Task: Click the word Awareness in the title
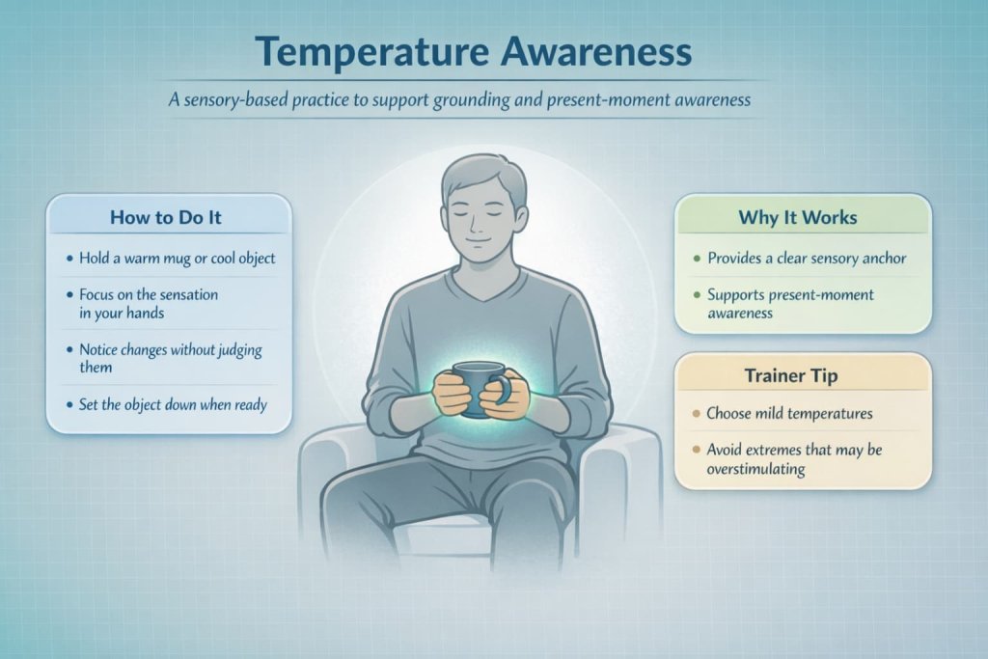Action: click(598, 52)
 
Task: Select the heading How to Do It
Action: click(165, 217)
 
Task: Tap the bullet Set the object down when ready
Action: click(172, 404)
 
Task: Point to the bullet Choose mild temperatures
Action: click(789, 413)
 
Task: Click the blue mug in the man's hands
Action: click(477, 387)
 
